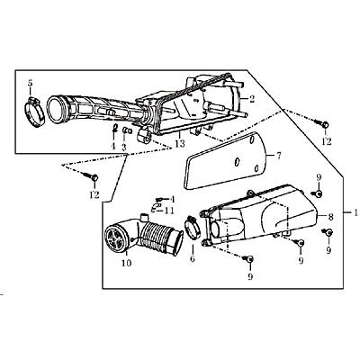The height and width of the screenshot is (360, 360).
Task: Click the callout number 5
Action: [30, 83]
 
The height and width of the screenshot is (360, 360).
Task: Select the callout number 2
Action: [252, 99]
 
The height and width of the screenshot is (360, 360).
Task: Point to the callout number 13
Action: [180, 144]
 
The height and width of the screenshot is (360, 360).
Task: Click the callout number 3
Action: [124, 147]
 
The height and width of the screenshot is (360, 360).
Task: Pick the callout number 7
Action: [279, 156]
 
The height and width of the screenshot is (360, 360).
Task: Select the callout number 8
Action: [330, 217]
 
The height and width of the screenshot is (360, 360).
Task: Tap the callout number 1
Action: [355, 213]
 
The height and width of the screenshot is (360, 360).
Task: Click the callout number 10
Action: [127, 263]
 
